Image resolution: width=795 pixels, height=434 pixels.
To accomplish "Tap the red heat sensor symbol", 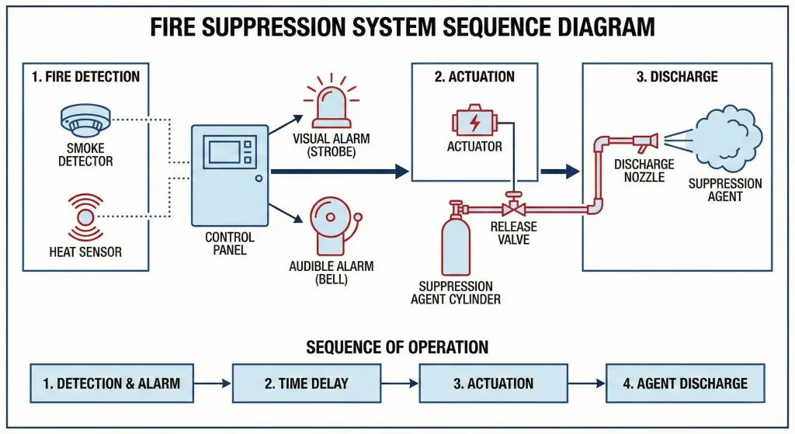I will [85, 215].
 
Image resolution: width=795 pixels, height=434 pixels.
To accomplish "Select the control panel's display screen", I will [223, 151].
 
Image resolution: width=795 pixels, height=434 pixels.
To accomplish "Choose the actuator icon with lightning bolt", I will [474, 122].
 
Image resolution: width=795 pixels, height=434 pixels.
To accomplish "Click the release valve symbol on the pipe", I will [512, 208].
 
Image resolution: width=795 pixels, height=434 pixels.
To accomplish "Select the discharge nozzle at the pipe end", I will [646, 141].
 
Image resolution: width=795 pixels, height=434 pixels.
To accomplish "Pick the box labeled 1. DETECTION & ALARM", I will [111, 383].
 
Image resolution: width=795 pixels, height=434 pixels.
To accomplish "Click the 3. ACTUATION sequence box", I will [494, 383].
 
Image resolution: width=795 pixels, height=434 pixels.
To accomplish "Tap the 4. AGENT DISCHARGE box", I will [685, 383].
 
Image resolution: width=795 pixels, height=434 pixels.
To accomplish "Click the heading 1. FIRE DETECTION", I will [86, 76].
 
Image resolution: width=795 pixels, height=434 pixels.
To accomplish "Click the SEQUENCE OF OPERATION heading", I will [397, 346].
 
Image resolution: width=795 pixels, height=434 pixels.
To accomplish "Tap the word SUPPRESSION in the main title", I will [279, 28].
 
